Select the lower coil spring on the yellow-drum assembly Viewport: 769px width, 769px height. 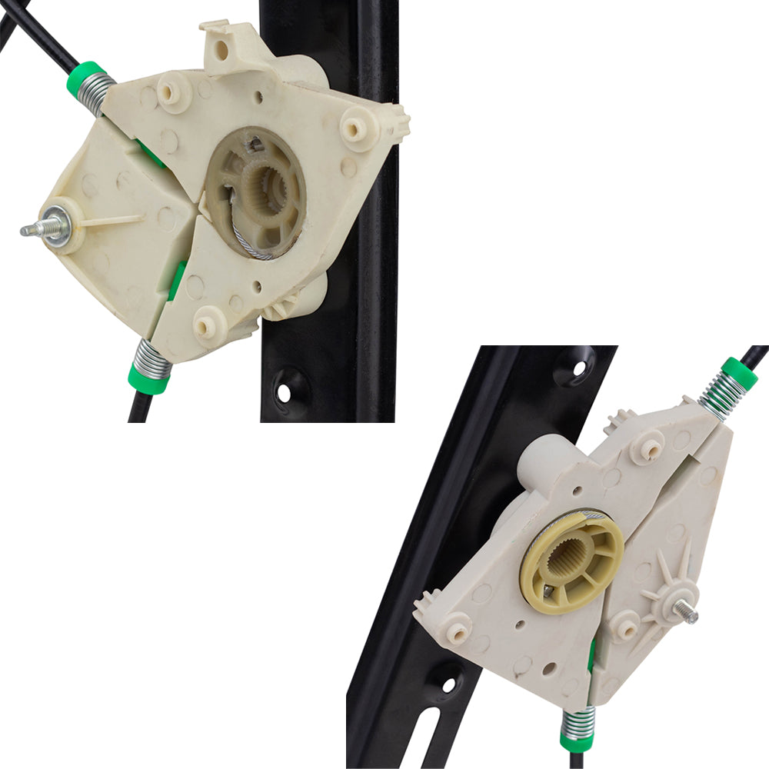point(579,721)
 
